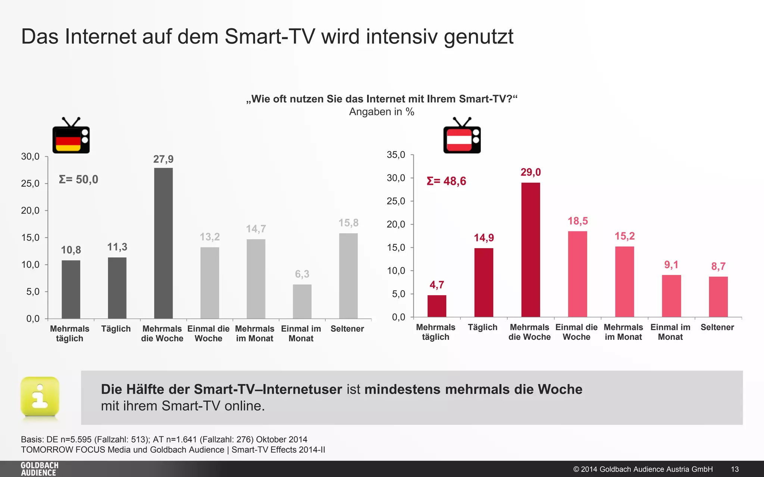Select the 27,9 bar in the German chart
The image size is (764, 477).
[163, 243]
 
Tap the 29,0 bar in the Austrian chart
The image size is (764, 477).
[530, 250]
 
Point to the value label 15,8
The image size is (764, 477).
[348, 223]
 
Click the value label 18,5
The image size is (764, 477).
[577, 221]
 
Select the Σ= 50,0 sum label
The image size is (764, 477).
[79, 180]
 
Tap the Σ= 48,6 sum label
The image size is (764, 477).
[446, 181]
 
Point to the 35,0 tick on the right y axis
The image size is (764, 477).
[396, 155]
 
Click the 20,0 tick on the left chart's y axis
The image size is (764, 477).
[30, 211]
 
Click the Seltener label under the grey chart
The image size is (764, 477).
[347, 329]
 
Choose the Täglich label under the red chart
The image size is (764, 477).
[482, 327]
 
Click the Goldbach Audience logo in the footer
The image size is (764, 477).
[40, 469]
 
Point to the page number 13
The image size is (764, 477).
[735, 469]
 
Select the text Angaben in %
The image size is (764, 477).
[382, 112]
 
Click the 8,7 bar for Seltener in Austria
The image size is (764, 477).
[718, 297]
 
